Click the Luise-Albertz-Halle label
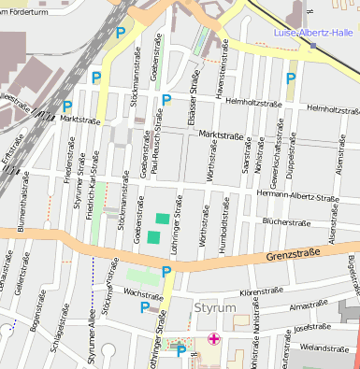click(309, 33)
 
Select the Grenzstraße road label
click(294, 253)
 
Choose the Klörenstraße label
click(262, 292)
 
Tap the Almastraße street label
click(309, 305)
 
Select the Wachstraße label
click(144, 293)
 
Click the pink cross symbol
click(214, 339)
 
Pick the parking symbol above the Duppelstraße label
click(291, 79)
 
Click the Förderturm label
click(25, 4)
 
